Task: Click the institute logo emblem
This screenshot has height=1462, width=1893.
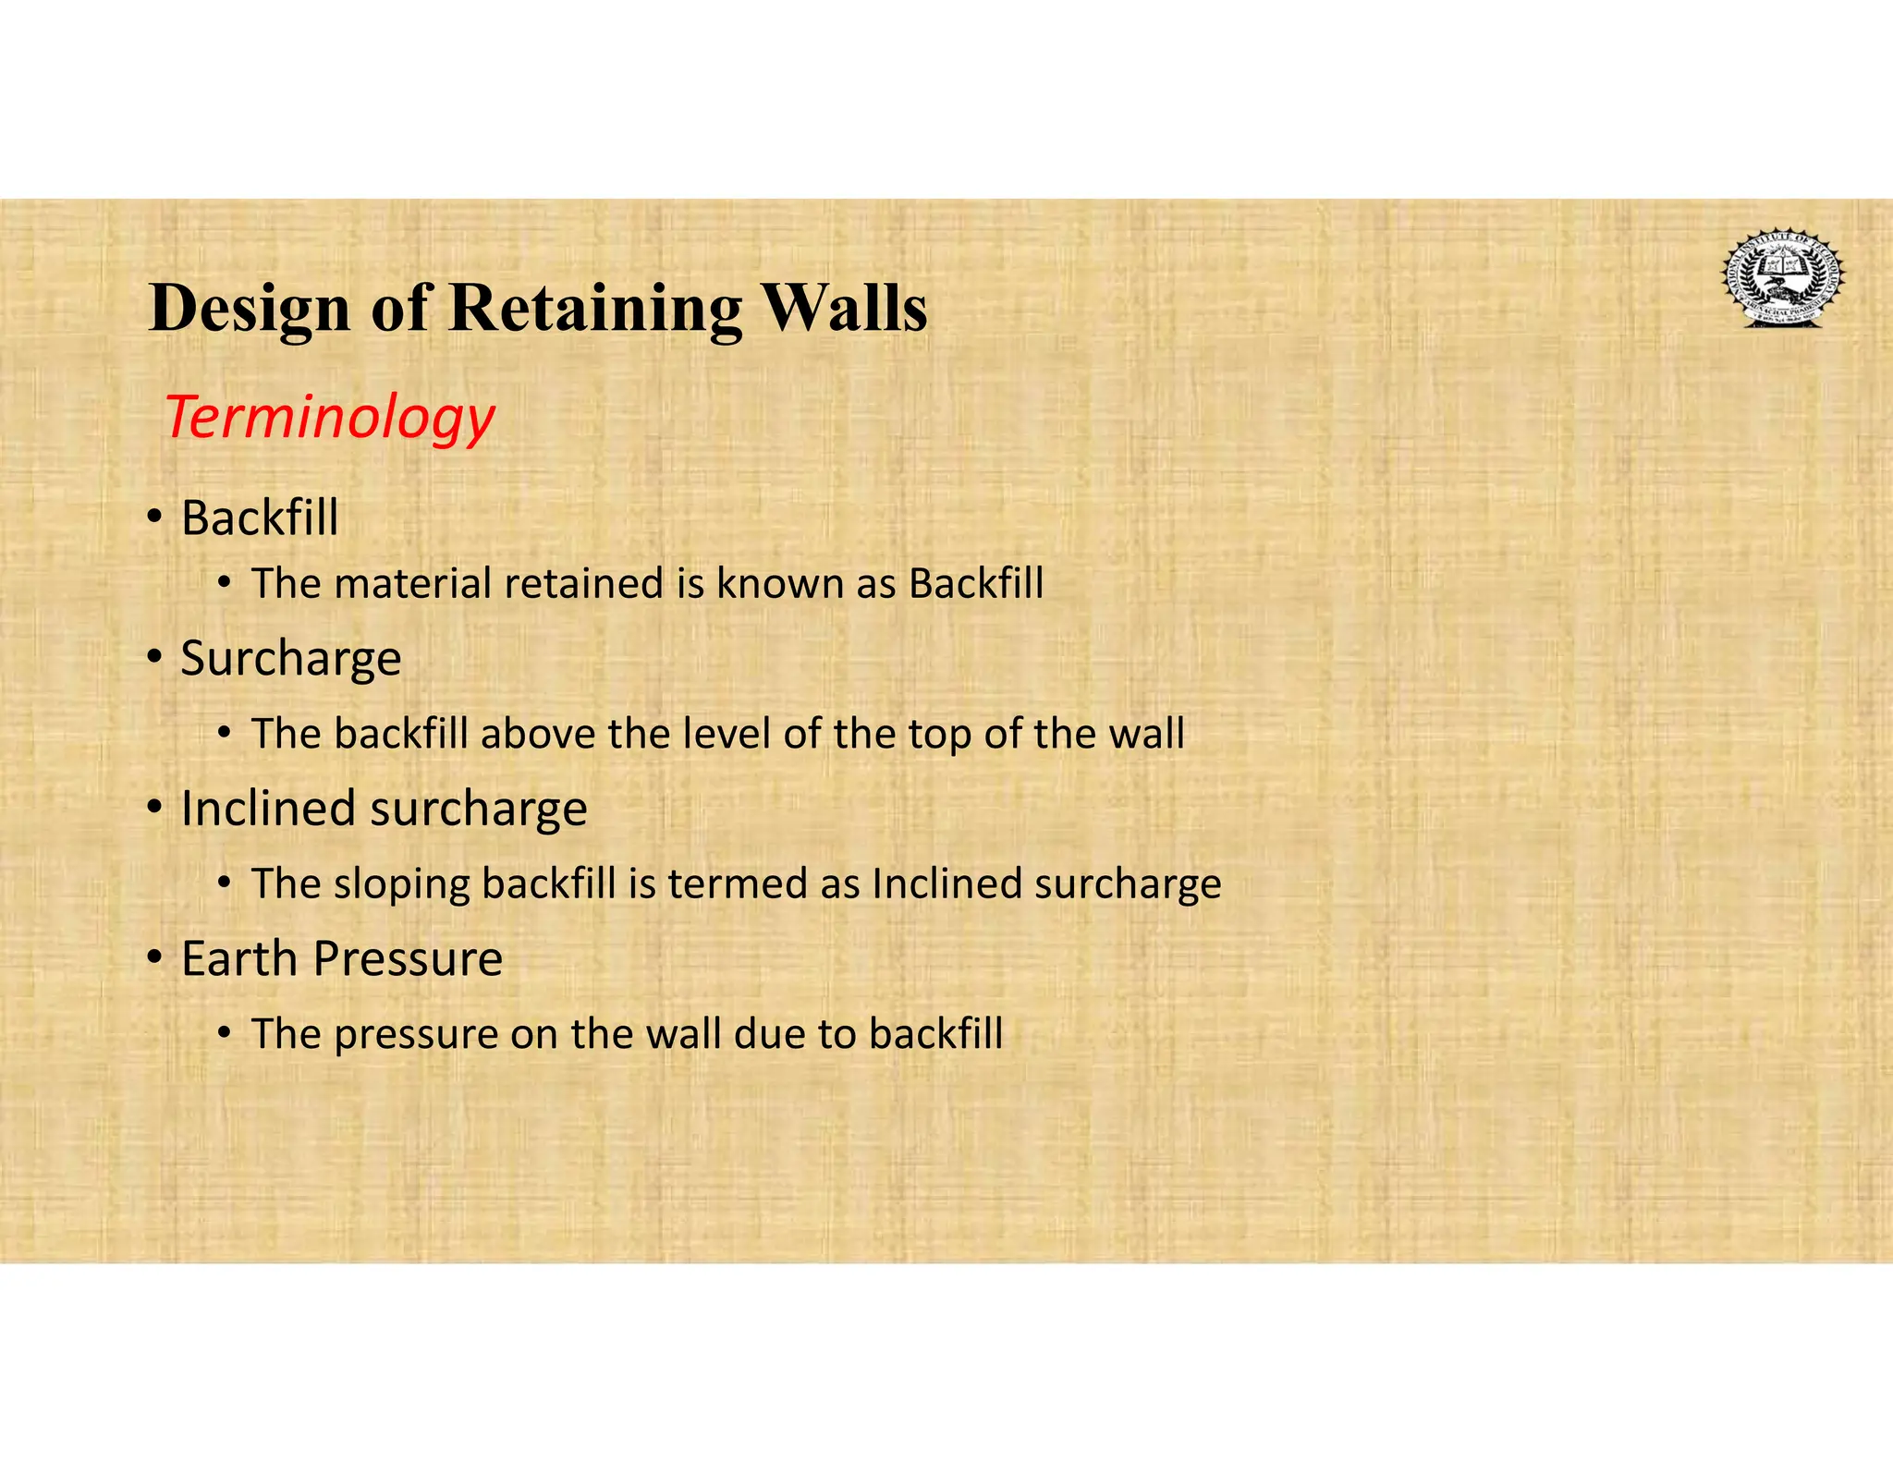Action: click(x=1782, y=277)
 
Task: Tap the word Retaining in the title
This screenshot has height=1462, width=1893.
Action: click(x=594, y=309)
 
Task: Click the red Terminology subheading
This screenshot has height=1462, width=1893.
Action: click(x=330, y=418)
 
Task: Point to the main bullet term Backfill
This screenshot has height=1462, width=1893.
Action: click(x=260, y=518)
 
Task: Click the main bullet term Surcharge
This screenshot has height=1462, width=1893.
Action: click(x=291, y=660)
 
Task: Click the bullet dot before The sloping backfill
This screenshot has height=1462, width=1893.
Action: click(x=225, y=883)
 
